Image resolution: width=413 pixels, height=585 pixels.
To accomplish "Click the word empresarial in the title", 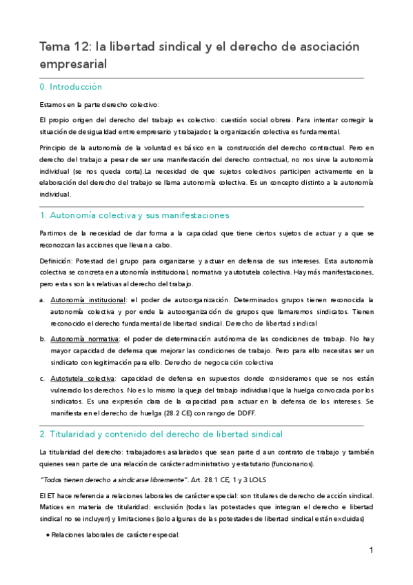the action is tap(75, 63).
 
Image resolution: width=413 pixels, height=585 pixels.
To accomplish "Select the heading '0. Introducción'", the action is tap(71, 87).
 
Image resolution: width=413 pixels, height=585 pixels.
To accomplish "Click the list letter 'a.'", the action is tap(42, 300).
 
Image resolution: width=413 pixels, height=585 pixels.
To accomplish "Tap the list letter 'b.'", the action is tap(42, 339).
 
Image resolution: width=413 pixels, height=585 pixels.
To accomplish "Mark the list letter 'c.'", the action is tap(42, 379).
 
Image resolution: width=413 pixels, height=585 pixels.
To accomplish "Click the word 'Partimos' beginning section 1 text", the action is tap(54, 234).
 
